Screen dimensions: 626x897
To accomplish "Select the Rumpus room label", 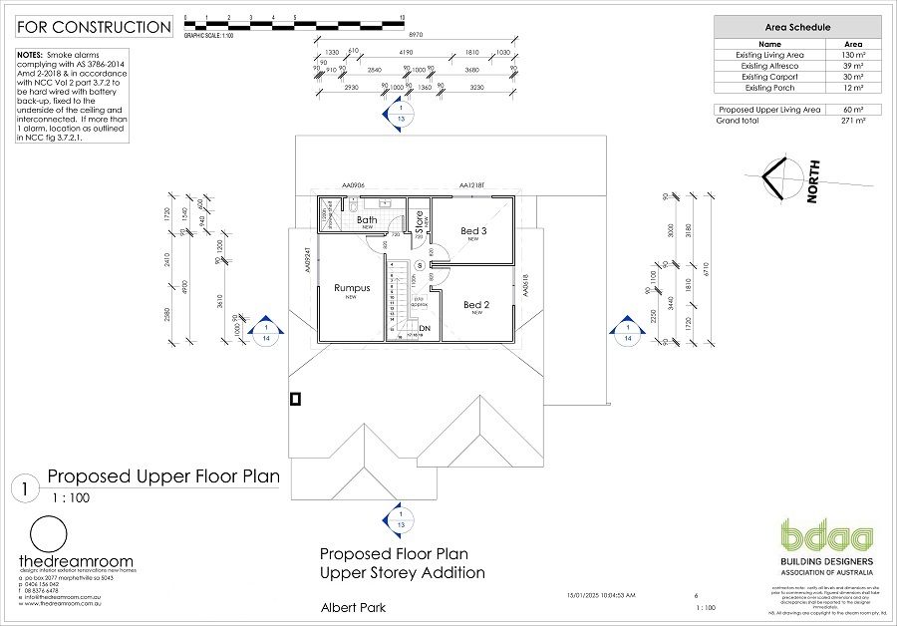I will (352, 288).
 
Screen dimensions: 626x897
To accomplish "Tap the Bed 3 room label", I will (473, 231).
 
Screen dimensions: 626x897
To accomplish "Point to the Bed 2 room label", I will (476, 305).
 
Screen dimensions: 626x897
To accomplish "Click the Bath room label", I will (367, 220).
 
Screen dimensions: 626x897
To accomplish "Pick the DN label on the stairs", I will (425, 328).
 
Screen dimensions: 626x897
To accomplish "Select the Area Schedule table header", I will (797, 28).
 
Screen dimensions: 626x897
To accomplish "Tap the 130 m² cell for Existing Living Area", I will (853, 55).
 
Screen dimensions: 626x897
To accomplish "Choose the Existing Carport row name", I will (768, 77).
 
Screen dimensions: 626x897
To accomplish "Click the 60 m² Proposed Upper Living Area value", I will (853, 109).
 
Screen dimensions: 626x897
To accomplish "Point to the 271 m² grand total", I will (853, 121).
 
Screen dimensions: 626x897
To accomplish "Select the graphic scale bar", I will (293, 20).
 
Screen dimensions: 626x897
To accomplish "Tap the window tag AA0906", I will (355, 185).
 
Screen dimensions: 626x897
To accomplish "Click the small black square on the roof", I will (295, 399).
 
